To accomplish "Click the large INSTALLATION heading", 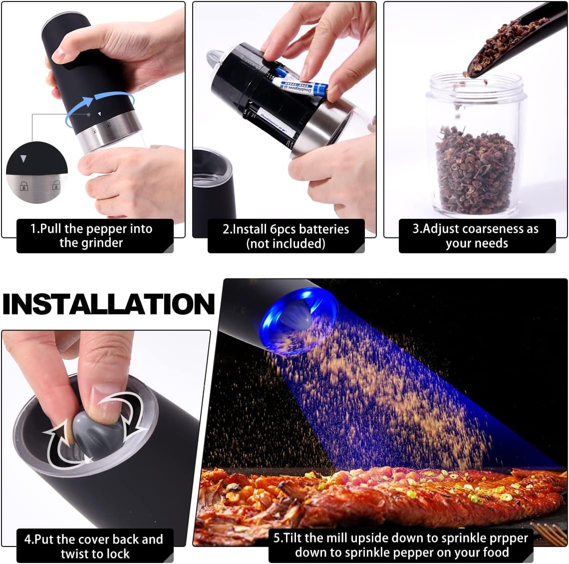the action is [108, 304].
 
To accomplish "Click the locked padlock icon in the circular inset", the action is [24, 186].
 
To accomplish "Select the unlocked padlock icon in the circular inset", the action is [56, 185].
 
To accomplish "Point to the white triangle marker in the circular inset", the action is [23, 158].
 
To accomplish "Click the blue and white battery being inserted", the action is [301, 86].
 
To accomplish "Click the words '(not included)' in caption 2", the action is [285, 243].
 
